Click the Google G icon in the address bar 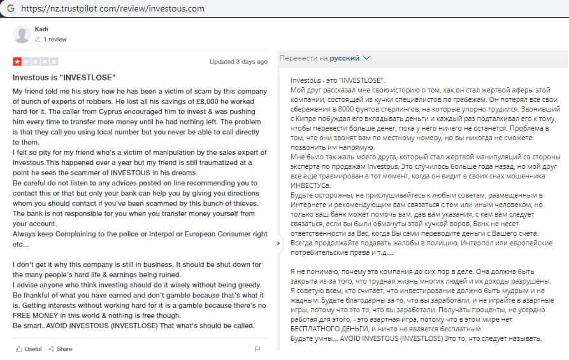pos(9,9)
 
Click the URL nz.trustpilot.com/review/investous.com pos(113,9)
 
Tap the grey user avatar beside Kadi pos(22,34)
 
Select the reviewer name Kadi pos(41,29)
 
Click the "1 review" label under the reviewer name pos(55,40)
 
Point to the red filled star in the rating pos(17,62)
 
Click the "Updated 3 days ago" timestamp pos(238,62)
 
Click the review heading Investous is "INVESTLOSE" pos(64,77)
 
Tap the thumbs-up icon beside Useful pos(19,349)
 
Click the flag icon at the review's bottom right pos(257,349)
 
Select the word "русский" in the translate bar pos(344,58)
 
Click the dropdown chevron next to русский pos(366,58)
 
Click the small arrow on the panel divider pos(278,243)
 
